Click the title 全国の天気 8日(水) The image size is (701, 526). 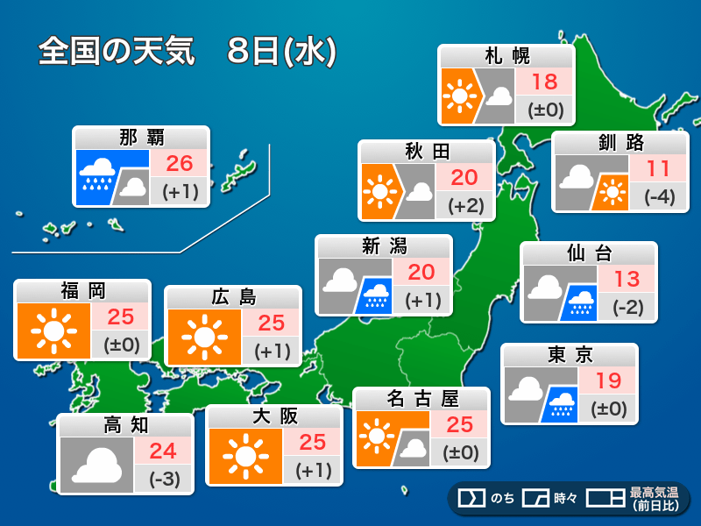(x=187, y=52)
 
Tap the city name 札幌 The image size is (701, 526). (x=506, y=57)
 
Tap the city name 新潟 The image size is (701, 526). (x=384, y=246)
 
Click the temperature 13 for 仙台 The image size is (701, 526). (x=626, y=280)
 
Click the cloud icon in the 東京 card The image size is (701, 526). (x=523, y=387)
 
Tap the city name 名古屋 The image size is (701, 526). (x=421, y=399)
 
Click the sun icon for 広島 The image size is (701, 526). (x=206, y=337)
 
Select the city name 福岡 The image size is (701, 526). (x=83, y=291)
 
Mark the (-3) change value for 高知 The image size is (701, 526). (x=163, y=480)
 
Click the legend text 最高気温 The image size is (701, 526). (x=654, y=494)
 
